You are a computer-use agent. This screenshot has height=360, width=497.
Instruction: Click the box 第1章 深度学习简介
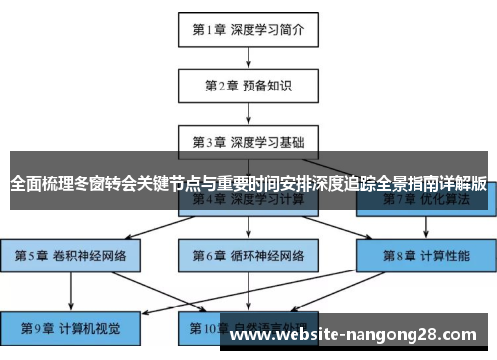pyautogui.click(x=248, y=30)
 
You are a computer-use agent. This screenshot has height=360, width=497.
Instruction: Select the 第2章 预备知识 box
pyautogui.click(x=248, y=85)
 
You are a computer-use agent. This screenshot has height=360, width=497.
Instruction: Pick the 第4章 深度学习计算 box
pyautogui.click(x=248, y=201)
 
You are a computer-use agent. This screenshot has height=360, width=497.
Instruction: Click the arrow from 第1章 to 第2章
pyautogui.click(x=248, y=57)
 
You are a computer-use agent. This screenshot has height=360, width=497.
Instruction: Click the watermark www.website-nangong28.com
pyautogui.click(x=357, y=335)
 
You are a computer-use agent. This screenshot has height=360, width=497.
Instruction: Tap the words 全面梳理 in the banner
pyautogui.click(x=40, y=184)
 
